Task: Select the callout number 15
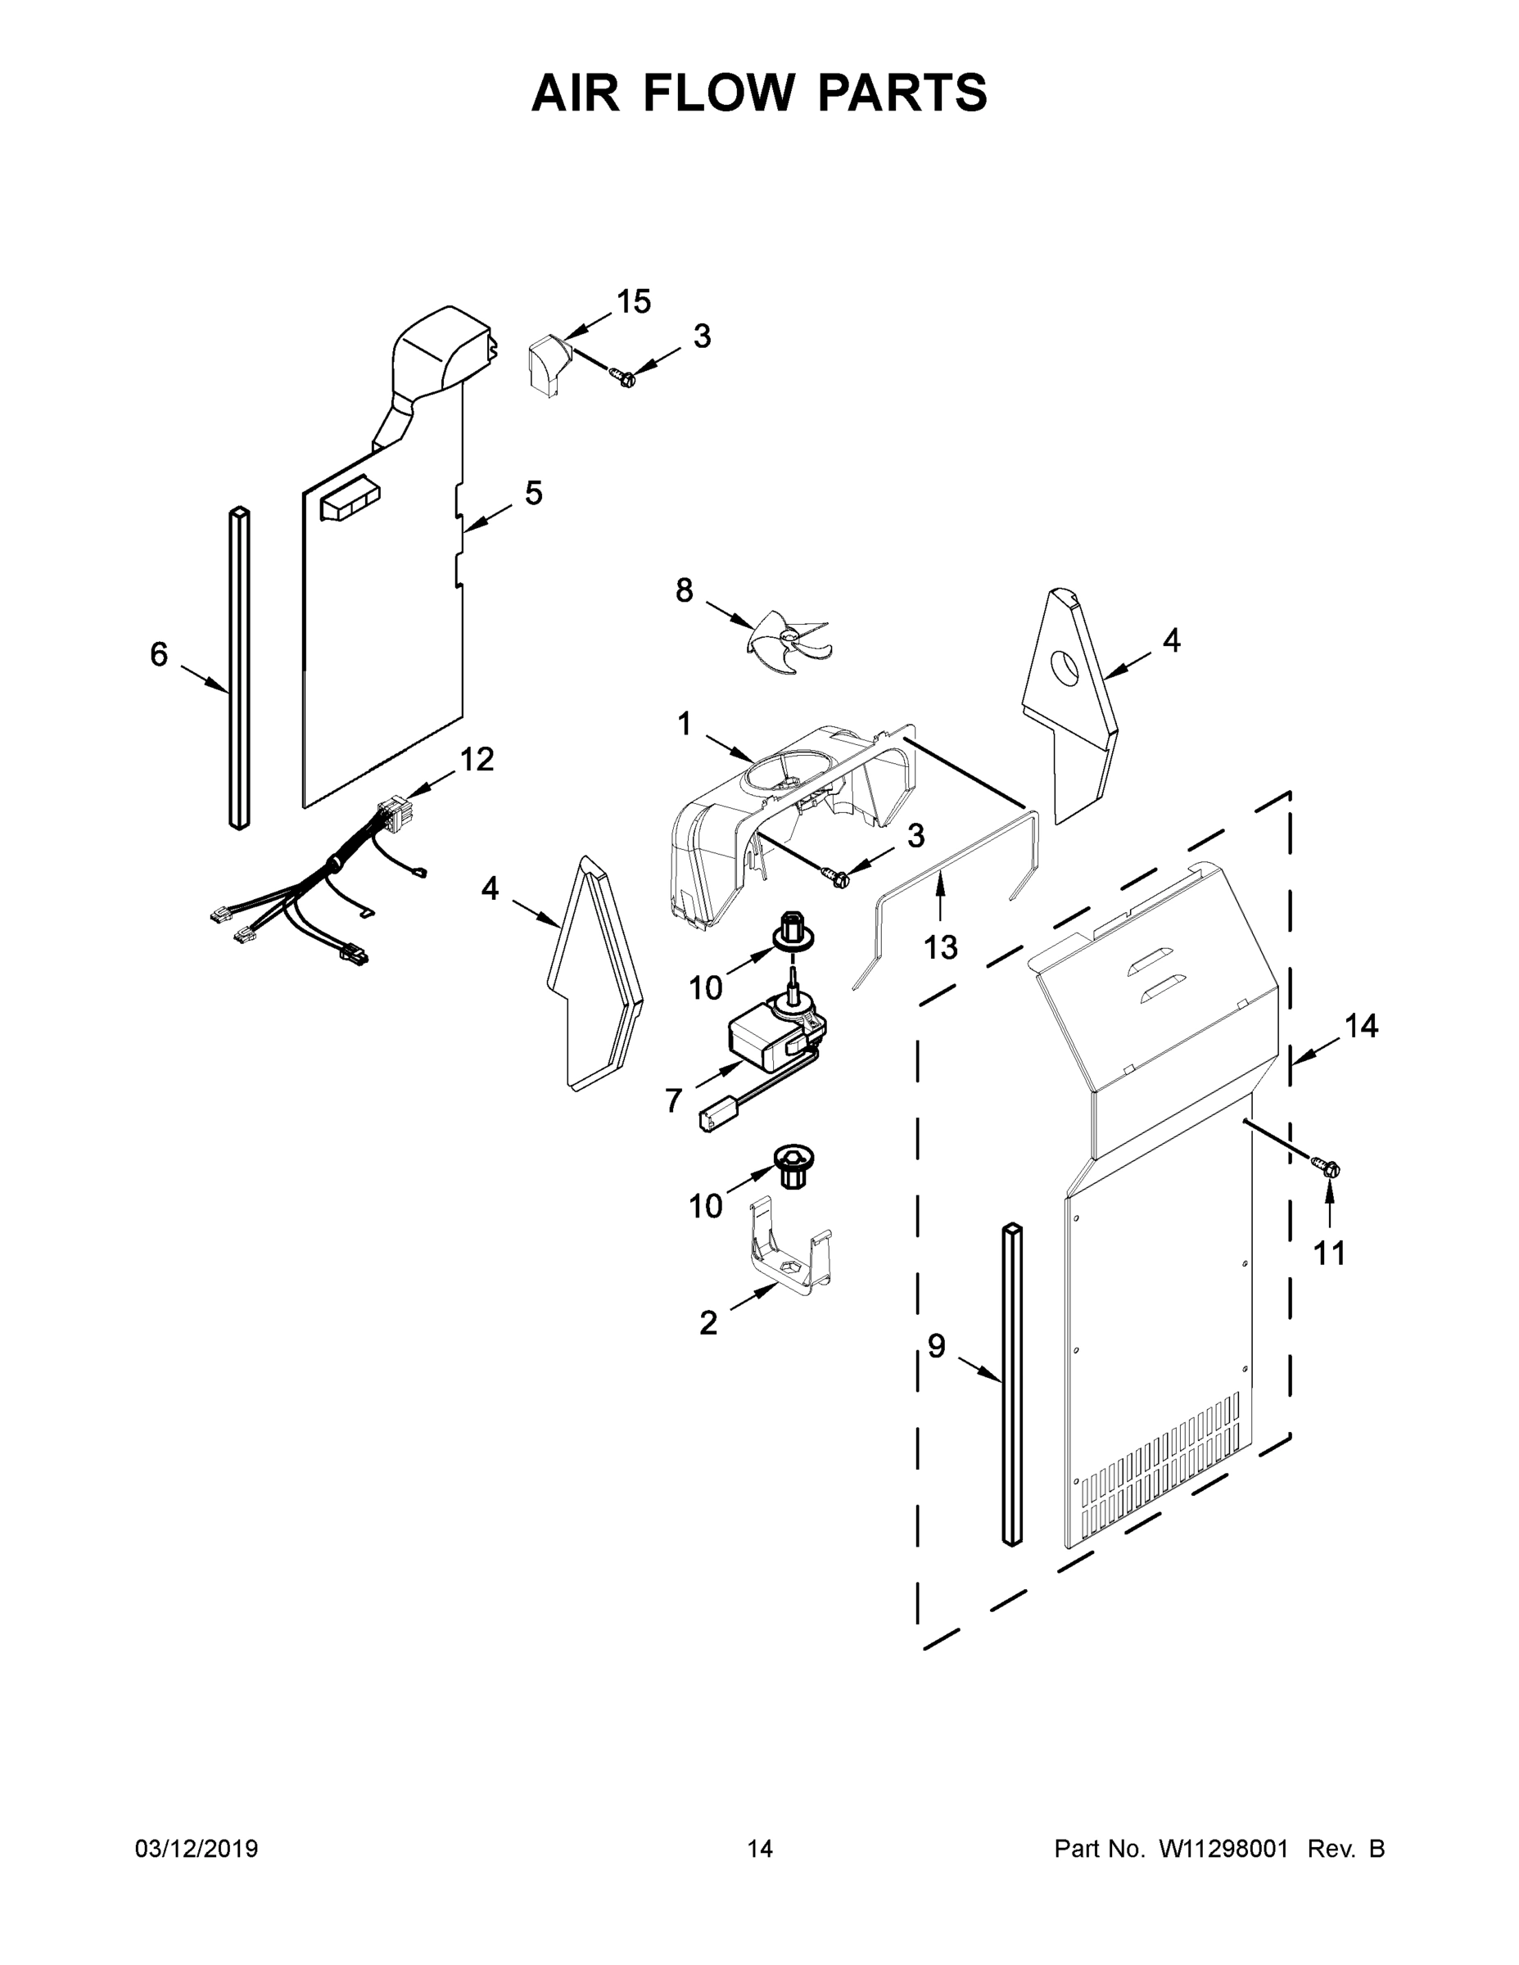[x=634, y=302]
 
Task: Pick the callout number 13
[x=940, y=946]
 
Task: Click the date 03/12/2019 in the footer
[x=197, y=1849]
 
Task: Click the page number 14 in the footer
[x=760, y=1849]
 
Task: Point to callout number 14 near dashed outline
[x=1361, y=1026]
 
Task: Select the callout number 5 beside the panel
[x=534, y=493]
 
